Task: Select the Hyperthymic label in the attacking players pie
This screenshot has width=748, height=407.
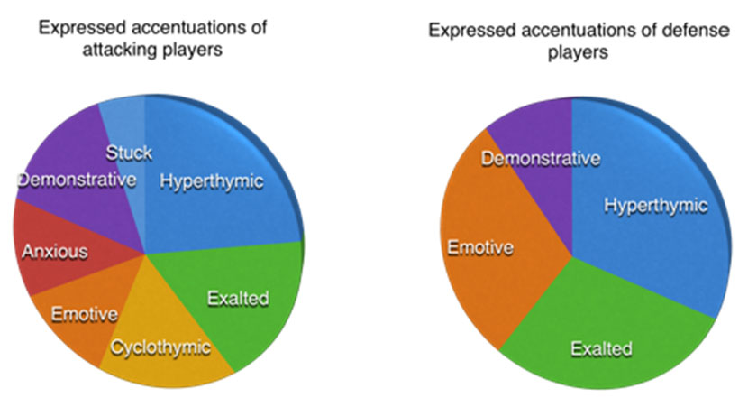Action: pyautogui.click(x=212, y=180)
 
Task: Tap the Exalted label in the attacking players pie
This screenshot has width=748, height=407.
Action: pyautogui.click(x=238, y=298)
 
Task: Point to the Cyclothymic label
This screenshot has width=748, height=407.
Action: pyautogui.click(x=160, y=346)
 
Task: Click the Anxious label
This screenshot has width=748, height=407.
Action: pyautogui.click(x=55, y=251)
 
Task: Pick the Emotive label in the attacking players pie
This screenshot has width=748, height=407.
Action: pyautogui.click(x=84, y=314)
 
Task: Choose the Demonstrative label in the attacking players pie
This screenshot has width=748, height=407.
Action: pyautogui.click(x=77, y=179)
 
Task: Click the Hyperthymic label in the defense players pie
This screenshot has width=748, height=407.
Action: pyautogui.click(x=655, y=205)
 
